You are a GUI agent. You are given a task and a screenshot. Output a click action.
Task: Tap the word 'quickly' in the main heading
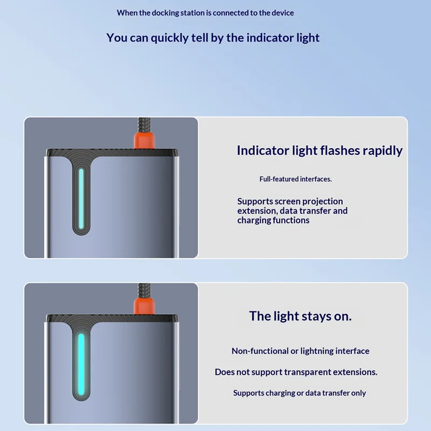click(x=169, y=38)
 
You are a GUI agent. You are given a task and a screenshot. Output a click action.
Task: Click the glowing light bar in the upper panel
click(x=81, y=198)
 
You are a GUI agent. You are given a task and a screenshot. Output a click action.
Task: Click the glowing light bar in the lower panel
click(x=81, y=365)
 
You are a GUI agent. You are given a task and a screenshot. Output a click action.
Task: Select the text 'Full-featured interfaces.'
click(x=295, y=179)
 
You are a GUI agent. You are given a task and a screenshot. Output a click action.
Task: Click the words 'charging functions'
click(x=273, y=220)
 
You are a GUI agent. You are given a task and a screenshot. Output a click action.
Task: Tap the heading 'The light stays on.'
click(x=300, y=316)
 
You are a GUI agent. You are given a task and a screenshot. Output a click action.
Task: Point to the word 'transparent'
click(x=307, y=372)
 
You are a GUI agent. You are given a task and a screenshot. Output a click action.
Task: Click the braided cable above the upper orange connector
click(x=144, y=125)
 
